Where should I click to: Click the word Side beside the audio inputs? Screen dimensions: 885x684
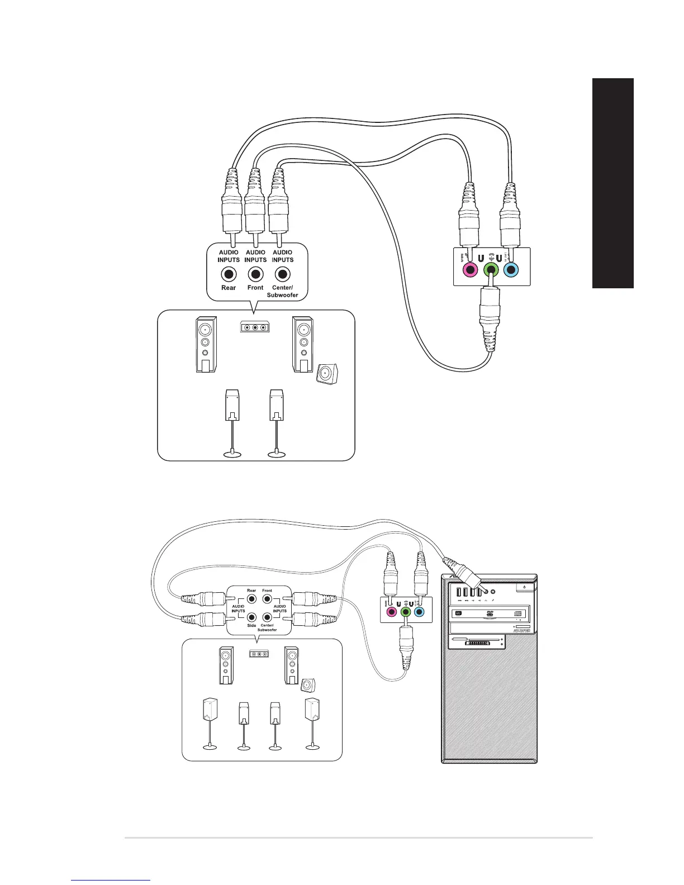tap(251, 625)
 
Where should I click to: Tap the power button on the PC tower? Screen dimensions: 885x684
tap(524, 587)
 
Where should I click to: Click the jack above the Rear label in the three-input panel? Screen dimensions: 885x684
tap(229, 274)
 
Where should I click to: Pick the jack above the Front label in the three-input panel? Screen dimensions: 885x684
tap(255, 274)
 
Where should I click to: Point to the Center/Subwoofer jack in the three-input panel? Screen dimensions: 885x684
tap(283, 274)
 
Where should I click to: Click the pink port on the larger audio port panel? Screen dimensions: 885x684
tap(471, 270)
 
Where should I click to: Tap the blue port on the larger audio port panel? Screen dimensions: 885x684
tap(510, 270)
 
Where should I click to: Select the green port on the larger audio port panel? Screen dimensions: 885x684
tap(491, 270)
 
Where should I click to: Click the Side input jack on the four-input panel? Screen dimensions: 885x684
tap(251, 617)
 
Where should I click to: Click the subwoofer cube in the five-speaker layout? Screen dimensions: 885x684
tap(327, 373)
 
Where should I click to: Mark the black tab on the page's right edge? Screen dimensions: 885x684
tap(613, 183)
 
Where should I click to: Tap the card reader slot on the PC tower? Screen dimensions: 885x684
tap(476, 643)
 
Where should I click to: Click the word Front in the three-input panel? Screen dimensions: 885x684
tap(255, 287)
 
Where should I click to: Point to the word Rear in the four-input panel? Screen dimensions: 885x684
tap(251, 591)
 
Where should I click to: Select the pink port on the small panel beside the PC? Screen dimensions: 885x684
tap(391, 612)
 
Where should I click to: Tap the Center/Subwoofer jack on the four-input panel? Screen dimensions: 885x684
tap(267, 617)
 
